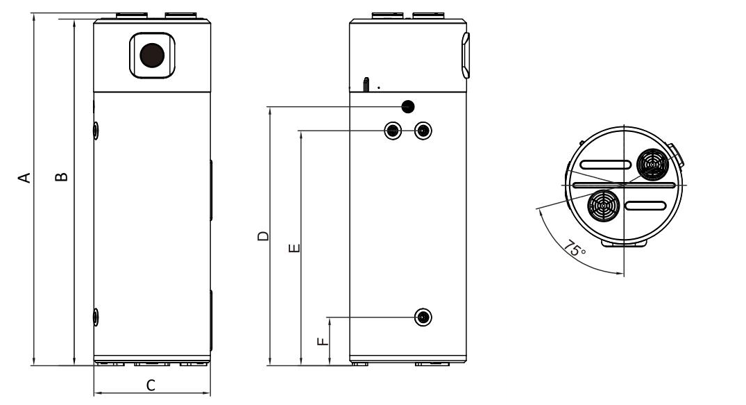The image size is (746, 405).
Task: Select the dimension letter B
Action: pos(62,176)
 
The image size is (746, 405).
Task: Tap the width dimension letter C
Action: pos(151,385)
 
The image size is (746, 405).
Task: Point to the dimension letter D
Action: pos(262,236)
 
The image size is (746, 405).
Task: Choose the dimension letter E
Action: pos(294,247)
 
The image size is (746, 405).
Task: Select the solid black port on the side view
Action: pos(408,106)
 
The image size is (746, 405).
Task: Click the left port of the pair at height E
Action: pos(393,131)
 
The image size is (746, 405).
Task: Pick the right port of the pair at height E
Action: pos(422,131)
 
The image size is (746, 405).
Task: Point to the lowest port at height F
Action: pos(423,317)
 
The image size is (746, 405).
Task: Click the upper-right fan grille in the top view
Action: pos(652,164)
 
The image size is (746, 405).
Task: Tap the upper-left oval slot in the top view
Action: pos(605,165)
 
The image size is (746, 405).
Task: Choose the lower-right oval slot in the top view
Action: pos(647,206)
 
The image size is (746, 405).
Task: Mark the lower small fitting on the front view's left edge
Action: pos(96,317)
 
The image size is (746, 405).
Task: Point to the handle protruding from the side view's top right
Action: pos(465,56)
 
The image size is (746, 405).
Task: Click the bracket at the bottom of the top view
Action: pos(624,243)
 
